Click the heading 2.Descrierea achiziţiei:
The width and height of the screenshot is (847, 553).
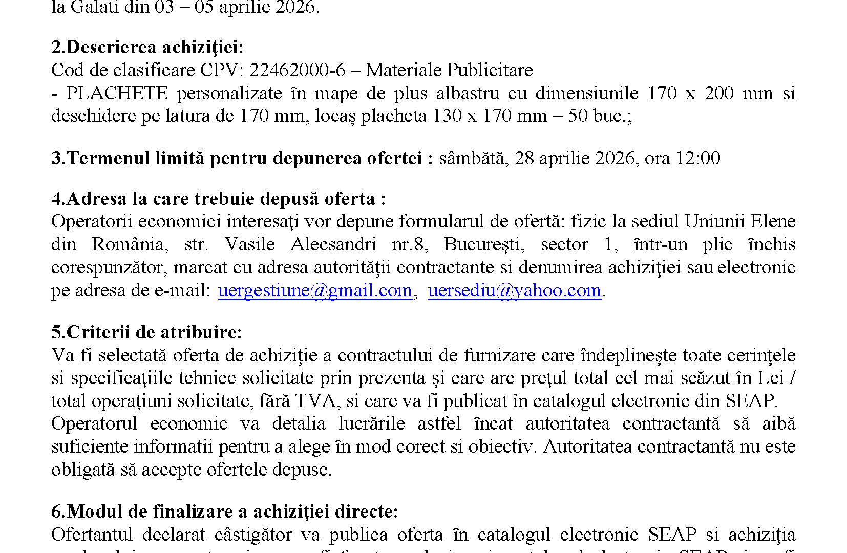pyautogui.click(x=147, y=47)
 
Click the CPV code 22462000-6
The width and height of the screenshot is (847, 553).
pyautogui.click(x=297, y=70)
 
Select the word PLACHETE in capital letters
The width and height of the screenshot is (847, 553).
pyautogui.click(x=117, y=93)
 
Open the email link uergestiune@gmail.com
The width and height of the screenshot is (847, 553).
pyautogui.click(x=315, y=290)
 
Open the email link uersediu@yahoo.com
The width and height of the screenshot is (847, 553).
pyautogui.click(x=514, y=290)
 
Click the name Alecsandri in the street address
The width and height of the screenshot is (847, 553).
pyautogui.click(x=333, y=244)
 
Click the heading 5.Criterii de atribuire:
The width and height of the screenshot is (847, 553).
pyautogui.click(x=146, y=332)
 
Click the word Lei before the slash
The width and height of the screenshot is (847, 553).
pyautogui.click(x=770, y=378)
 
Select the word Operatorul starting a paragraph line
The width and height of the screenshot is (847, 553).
pyautogui.click(x=94, y=424)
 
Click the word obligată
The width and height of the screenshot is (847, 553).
pyautogui.click(x=83, y=470)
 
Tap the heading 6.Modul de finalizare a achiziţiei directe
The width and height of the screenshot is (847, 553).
pyautogui.click(x=224, y=512)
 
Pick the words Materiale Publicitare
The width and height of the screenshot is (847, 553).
pyautogui.click(x=449, y=70)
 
